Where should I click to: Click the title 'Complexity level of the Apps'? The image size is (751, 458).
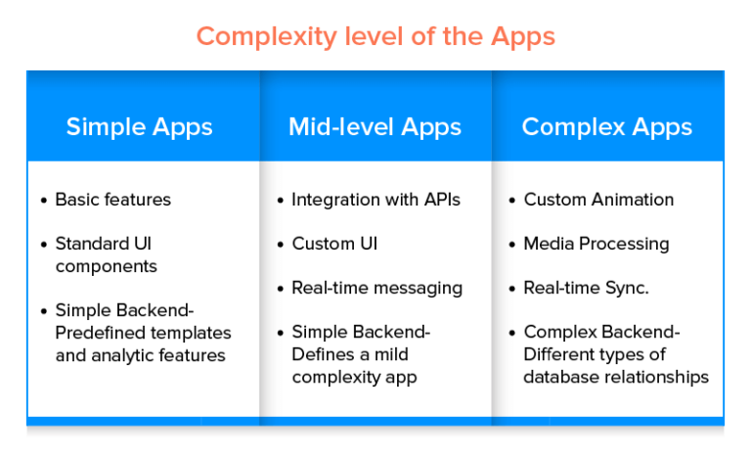tap(375, 37)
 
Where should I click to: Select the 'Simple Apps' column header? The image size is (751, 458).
tap(139, 126)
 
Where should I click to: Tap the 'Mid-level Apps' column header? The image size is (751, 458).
tap(375, 126)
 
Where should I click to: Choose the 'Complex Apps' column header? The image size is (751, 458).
tap(606, 126)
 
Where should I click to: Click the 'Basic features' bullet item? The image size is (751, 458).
tap(112, 200)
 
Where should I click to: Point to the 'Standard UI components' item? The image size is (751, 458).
tap(106, 253)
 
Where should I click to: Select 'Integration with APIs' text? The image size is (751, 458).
tap(375, 200)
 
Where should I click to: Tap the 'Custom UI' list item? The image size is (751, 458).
tap(334, 244)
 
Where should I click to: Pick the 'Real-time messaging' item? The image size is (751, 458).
tap(376, 288)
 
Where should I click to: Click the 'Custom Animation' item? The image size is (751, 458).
tap(598, 200)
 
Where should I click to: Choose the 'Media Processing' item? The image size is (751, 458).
tap(596, 244)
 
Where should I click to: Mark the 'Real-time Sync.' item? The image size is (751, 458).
tap(587, 288)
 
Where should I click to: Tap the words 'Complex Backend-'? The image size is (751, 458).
tap(601, 332)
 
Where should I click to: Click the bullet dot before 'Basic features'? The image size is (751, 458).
tap(43, 201)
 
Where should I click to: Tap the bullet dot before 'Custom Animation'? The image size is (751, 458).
tap(511, 201)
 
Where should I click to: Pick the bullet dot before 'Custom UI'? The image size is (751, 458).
tap(280, 245)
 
